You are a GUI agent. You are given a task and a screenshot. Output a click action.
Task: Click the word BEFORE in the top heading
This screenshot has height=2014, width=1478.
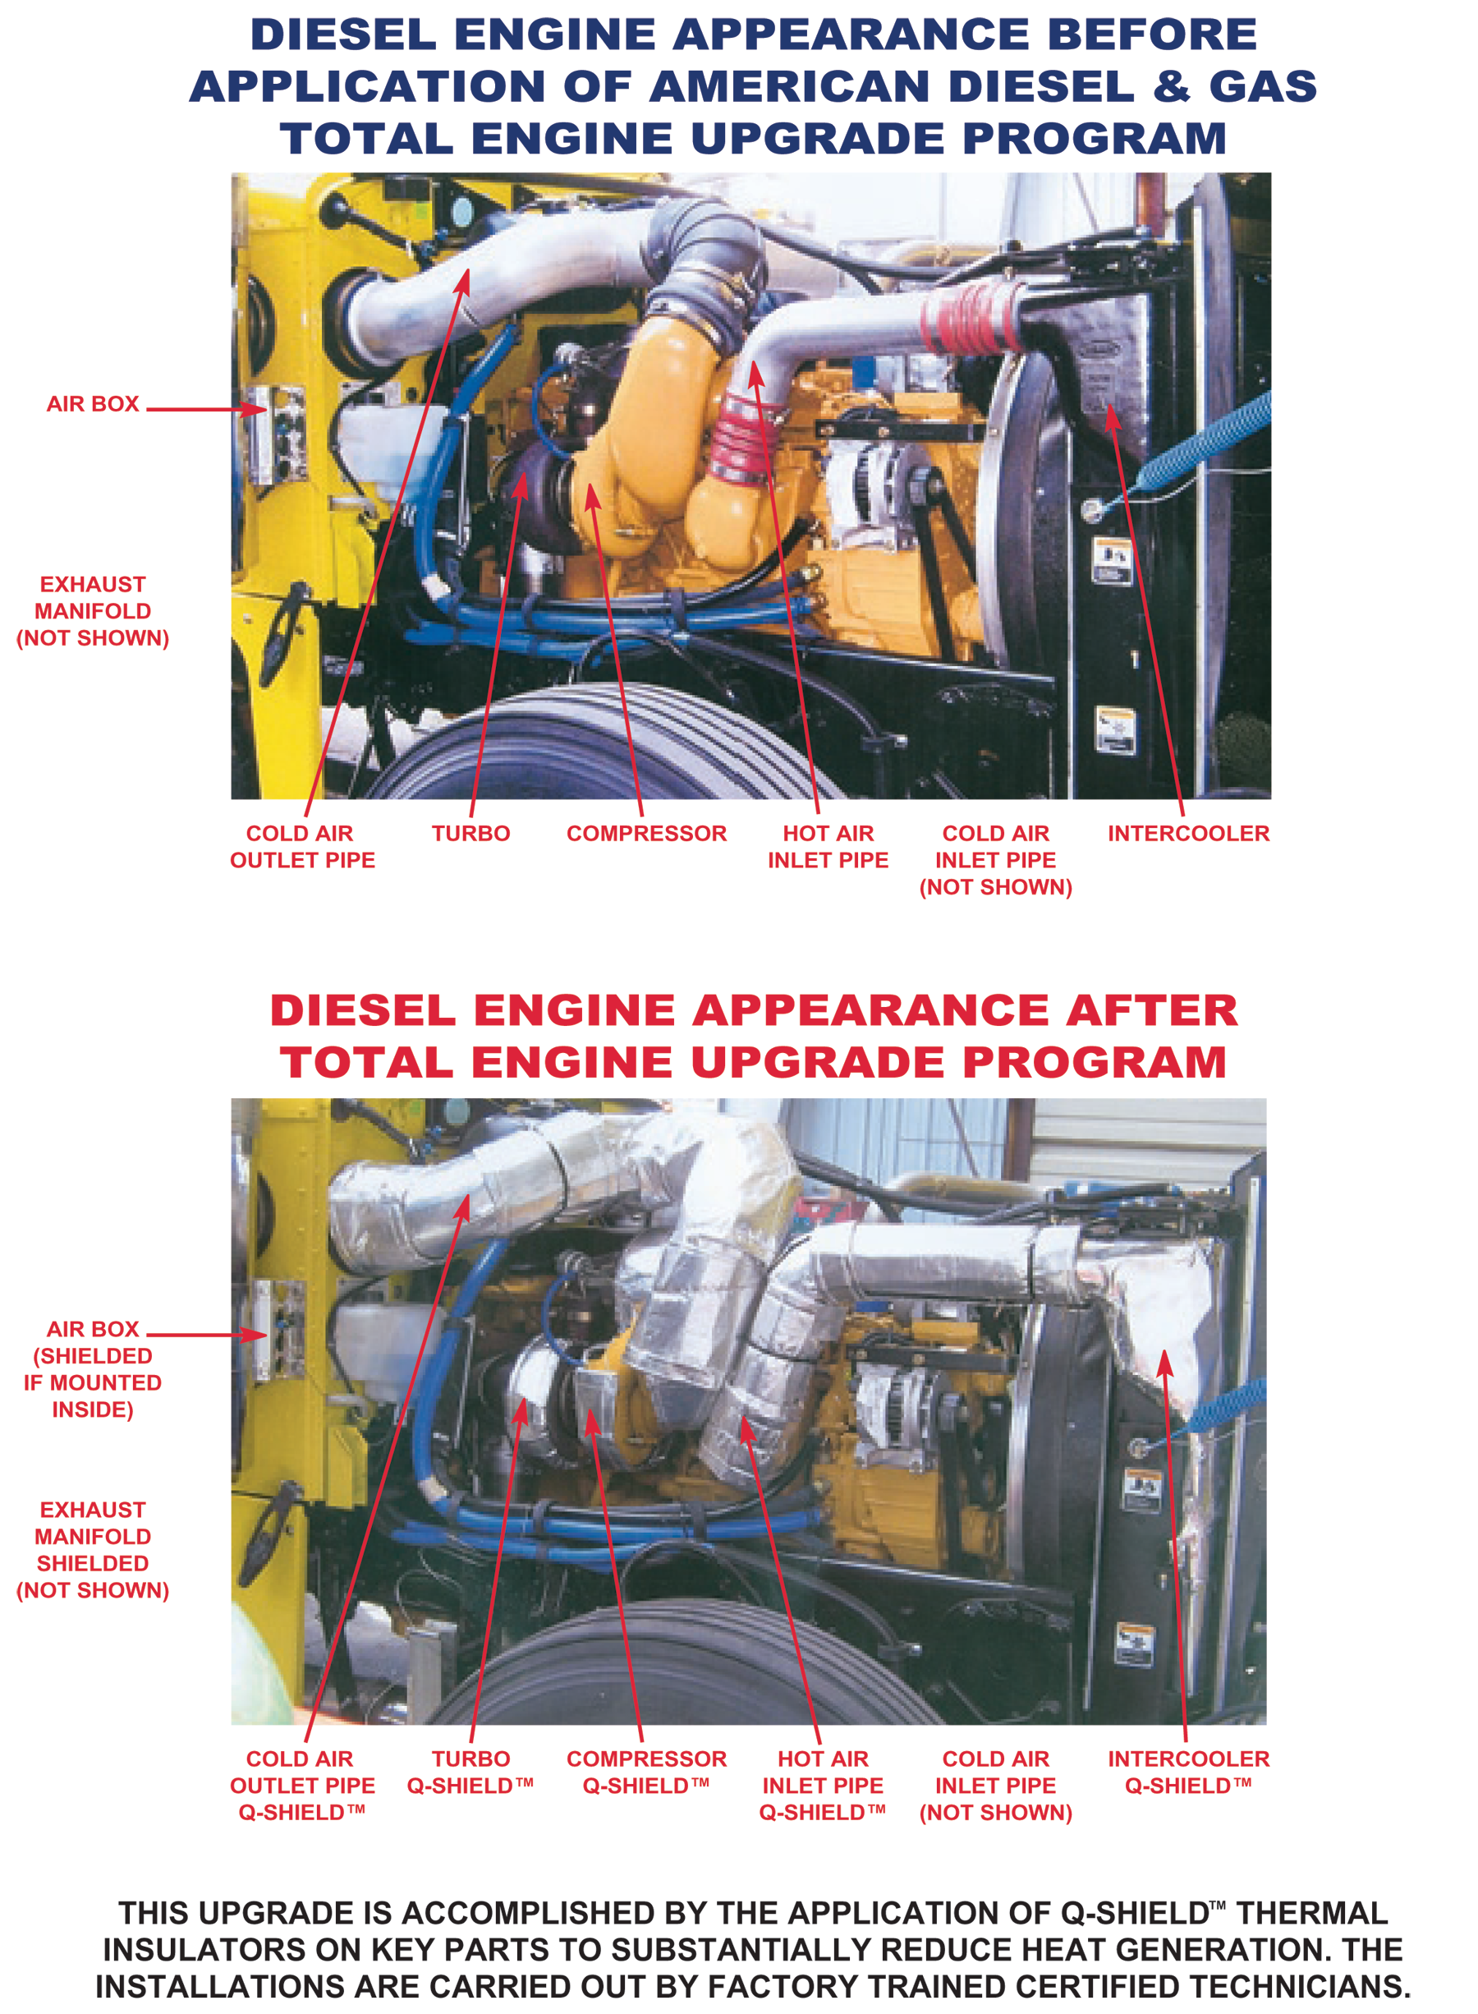click(x=1152, y=34)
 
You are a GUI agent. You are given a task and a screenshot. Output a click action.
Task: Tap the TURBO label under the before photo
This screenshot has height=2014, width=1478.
click(x=470, y=833)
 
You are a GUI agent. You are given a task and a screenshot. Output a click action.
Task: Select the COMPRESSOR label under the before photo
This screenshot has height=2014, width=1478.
click(x=646, y=833)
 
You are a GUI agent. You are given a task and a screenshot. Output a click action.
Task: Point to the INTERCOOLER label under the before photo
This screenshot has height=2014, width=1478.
click(x=1188, y=833)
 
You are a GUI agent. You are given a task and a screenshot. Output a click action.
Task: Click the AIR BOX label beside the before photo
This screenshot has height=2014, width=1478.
click(x=93, y=403)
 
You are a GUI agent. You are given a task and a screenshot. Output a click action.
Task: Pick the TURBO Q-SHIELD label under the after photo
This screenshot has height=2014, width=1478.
click(x=470, y=1772)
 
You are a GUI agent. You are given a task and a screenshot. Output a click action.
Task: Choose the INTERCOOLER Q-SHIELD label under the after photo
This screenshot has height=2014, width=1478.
click(x=1188, y=1772)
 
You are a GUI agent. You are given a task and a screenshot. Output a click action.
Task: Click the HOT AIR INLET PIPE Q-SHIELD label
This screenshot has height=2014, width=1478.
click(x=823, y=1785)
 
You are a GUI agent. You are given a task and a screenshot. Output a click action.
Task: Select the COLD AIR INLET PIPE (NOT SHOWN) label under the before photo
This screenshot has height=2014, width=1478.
click(x=996, y=860)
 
